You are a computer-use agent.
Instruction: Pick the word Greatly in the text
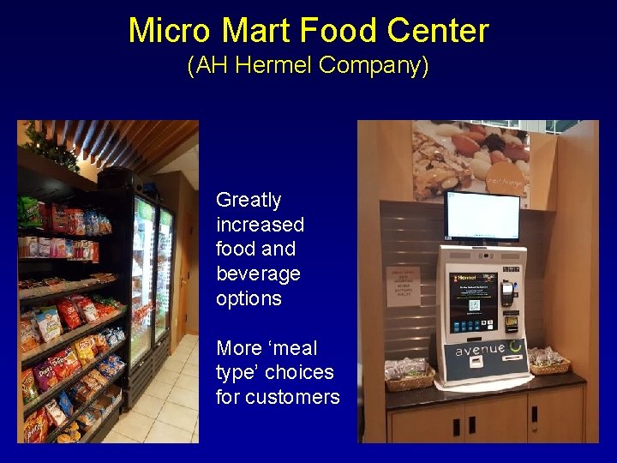249,201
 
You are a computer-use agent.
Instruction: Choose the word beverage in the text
258,274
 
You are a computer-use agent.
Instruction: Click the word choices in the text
299,372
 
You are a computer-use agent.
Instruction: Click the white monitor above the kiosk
482,216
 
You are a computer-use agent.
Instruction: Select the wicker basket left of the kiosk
408,376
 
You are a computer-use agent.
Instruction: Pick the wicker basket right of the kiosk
549,361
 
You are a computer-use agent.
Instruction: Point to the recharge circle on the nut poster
505,182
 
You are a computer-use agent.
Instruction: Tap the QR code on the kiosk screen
474,304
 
